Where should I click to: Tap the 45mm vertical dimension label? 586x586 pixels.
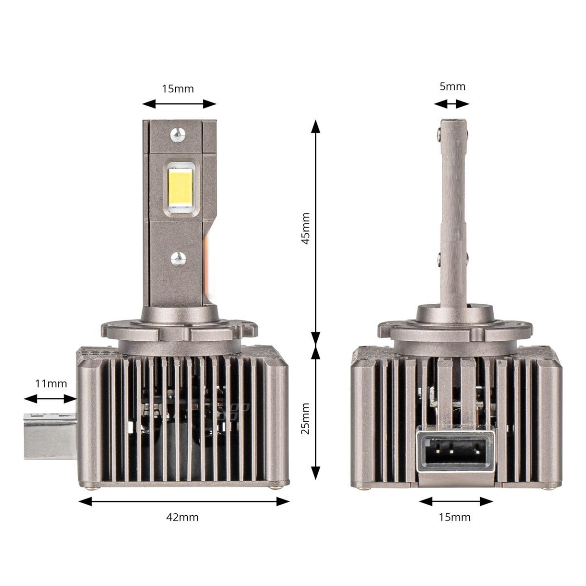click(x=305, y=228)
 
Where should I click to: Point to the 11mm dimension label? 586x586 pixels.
click(x=51, y=383)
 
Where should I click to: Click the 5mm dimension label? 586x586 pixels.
click(x=452, y=87)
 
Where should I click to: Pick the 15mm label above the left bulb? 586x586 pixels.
click(x=178, y=88)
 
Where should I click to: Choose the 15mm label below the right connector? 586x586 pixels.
click(x=455, y=517)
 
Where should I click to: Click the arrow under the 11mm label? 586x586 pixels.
click(x=51, y=399)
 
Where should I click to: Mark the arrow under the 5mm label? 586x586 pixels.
click(x=452, y=104)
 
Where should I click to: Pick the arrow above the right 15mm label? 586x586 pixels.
click(x=456, y=502)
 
